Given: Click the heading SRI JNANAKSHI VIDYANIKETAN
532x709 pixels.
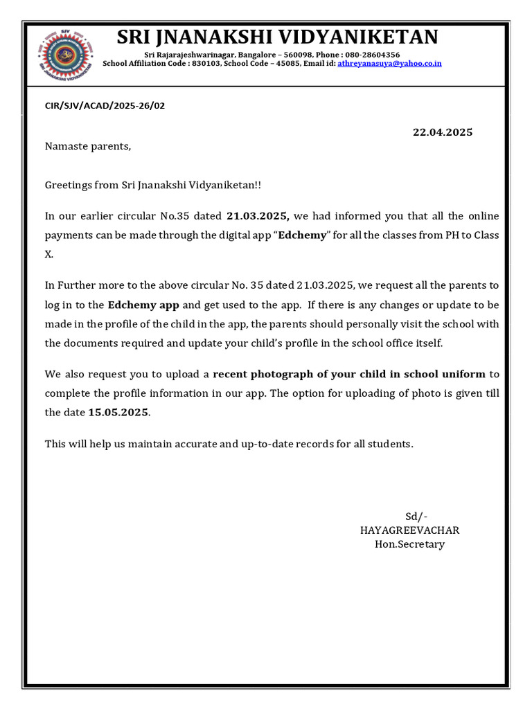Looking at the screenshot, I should pyautogui.click(x=277, y=37).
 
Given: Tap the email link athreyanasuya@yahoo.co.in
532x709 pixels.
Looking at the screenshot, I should pyautogui.click(x=390, y=64).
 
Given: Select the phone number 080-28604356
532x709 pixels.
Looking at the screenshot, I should pyautogui.click(x=375, y=55).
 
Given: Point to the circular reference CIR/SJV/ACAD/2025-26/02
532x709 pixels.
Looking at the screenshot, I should pyautogui.click(x=105, y=106).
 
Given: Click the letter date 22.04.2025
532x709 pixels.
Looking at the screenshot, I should pyautogui.click(x=442, y=132).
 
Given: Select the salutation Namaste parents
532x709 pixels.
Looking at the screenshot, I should pyautogui.click(x=87, y=146).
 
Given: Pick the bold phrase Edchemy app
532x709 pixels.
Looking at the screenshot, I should pyautogui.click(x=143, y=305).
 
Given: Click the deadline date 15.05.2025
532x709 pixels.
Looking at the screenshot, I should pyautogui.click(x=118, y=413).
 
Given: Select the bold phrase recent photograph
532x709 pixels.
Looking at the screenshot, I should pyautogui.click(x=264, y=375).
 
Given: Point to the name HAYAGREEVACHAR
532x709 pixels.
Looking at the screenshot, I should pyautogui.click(x=409, y=530).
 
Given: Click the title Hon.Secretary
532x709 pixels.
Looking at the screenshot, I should pyautogui.click(x=409, y=544).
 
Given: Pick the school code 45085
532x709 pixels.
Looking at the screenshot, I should pyautogui.click(x=285, y=64).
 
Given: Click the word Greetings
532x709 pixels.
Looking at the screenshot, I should pyautogui.click(x=69, y=186).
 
